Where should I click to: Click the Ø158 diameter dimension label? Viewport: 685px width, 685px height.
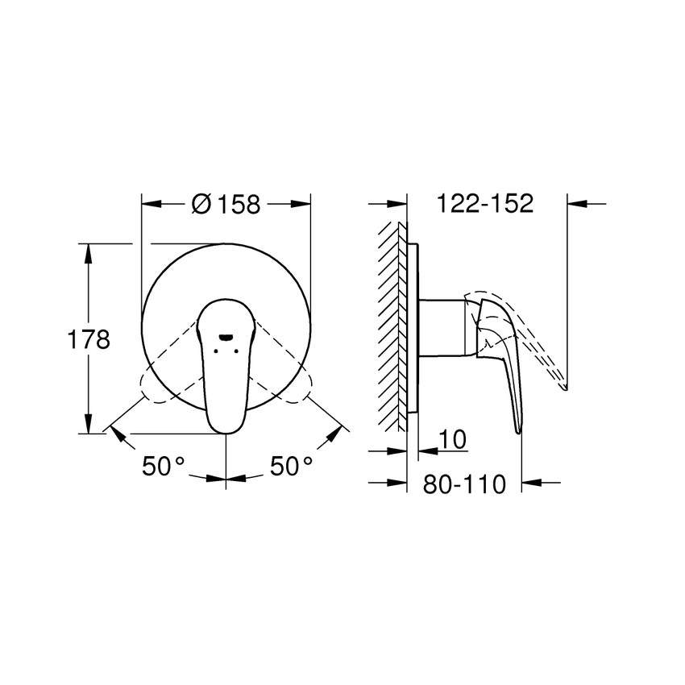coord(226,205)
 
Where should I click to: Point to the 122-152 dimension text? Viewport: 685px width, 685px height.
coord(485,204)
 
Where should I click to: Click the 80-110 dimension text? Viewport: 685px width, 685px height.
coord(464,484)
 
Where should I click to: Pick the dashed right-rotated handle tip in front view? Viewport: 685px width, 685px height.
coord(303,387)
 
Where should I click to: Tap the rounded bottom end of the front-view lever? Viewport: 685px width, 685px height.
coord(226,426)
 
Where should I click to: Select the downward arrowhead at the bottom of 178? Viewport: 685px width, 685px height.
coord(88,425)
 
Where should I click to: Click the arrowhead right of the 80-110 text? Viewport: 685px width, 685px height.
coord(530,484)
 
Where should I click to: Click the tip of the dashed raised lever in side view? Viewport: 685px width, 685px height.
coord(566,388)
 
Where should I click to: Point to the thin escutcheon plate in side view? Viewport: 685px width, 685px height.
coord(413,330)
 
